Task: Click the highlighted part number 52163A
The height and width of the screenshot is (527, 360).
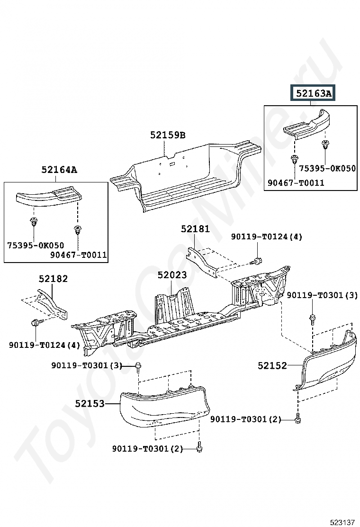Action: [x=313, y=93]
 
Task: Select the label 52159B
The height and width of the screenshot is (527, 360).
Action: [x=168, y=135]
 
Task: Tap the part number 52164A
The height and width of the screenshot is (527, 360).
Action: [x=59, y=170]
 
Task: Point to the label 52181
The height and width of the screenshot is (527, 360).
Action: [x=195, y=229]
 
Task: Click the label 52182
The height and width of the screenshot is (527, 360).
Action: [x=53, y=279]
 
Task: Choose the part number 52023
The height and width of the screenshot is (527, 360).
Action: [x=172, y=275]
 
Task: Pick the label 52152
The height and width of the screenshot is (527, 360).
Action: [x=272, y=365]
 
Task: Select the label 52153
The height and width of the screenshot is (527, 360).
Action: [x=90, y=403]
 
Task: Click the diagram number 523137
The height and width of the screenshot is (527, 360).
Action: [x=342, y=522]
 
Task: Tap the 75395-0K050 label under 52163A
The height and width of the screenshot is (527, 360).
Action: [x=327, y=168]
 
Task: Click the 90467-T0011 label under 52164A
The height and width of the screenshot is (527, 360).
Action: [x=79, y=255]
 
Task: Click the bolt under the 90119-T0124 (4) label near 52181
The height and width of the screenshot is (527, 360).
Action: [x=257, y=261]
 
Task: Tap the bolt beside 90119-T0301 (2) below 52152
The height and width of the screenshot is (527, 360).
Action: [x=297, y=419]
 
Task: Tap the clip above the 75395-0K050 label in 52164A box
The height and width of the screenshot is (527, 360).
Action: [x=34, y=221]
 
